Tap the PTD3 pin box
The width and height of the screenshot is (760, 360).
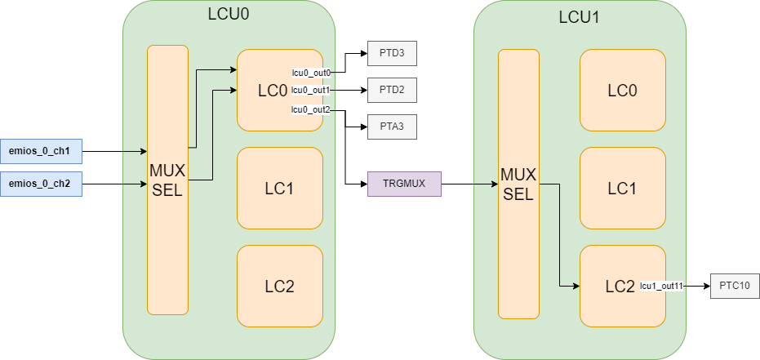click(392, 55)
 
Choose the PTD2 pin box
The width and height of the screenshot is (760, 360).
click(392, 88)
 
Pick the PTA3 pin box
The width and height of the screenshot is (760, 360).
click(392, 127)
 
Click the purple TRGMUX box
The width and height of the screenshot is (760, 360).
click(404, 184)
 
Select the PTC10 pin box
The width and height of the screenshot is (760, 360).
click(735, 286)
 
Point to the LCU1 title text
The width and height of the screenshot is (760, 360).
click(579, 17)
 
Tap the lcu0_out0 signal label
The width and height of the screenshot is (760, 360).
click(311, 73)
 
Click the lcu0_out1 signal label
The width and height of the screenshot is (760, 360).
click(311, 90)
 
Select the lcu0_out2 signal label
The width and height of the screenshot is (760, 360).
click(311, 109)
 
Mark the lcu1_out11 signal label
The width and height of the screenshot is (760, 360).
click(661, 286)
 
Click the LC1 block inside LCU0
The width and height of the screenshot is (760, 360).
click(279, 189)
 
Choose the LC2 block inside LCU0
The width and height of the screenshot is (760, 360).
click(279, 287)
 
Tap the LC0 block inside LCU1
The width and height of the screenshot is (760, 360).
click(622, 91)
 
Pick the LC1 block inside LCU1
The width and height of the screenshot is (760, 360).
click(622, 189)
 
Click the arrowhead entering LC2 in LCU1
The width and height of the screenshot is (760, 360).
click(575, 286)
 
